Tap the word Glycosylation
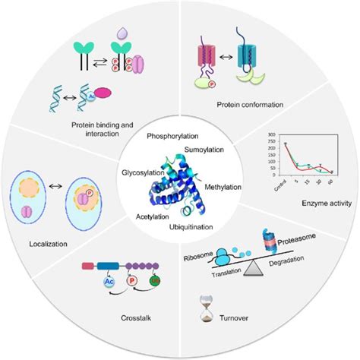[134, 173]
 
